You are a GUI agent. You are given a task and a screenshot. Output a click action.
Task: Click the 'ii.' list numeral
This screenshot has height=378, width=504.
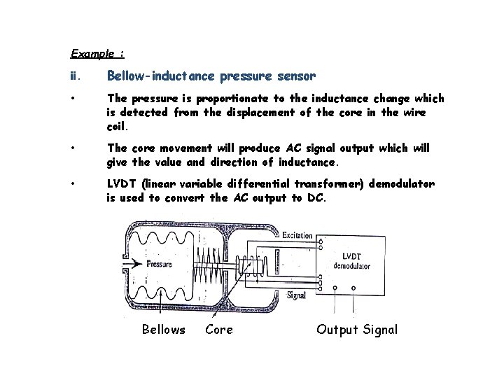75,76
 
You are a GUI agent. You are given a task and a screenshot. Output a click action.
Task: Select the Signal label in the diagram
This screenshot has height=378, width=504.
296,295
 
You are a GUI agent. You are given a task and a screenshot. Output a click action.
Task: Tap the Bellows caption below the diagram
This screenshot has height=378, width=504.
163,329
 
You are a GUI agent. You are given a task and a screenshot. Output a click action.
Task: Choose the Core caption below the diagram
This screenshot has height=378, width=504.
219,329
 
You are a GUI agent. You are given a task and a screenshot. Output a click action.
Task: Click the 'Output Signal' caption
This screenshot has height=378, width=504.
357,329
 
